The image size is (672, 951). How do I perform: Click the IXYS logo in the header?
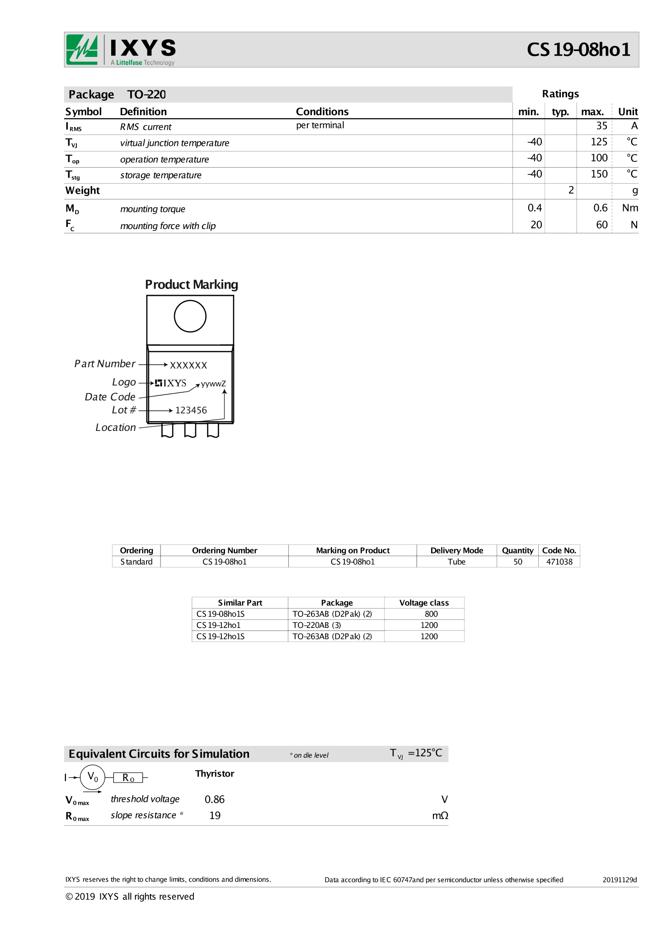pos(121,50)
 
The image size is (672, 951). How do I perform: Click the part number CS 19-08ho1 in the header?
pos(578,50)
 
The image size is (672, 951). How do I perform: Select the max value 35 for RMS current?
pos(601,126)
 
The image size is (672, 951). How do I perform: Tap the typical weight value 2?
pos(571,190)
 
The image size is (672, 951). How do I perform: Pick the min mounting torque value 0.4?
pos(534,208)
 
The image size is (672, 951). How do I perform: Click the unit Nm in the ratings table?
pos(630,208)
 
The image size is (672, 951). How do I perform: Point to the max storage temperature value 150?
pos(599,174)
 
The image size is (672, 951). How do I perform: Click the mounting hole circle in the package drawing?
pos(190,316)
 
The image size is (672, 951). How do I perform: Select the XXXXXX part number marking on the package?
pos(188,365)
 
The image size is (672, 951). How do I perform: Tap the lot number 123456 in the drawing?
pos(191,410)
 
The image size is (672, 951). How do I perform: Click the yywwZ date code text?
pos(213,384)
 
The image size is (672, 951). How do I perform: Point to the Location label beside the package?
pos(115,427)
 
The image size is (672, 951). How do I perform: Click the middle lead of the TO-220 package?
pos(190,430)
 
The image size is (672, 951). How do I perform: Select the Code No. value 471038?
pos(559,562)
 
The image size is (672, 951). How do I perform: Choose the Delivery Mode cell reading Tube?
pos(456,562)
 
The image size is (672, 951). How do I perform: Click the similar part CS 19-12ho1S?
pos(221,636)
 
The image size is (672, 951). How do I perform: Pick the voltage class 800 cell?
pos(431,614)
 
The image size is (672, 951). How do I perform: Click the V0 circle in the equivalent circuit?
pos(93,777)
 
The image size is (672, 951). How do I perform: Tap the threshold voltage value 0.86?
pos(215,799)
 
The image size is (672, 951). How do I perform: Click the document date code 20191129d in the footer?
pos(619,880)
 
